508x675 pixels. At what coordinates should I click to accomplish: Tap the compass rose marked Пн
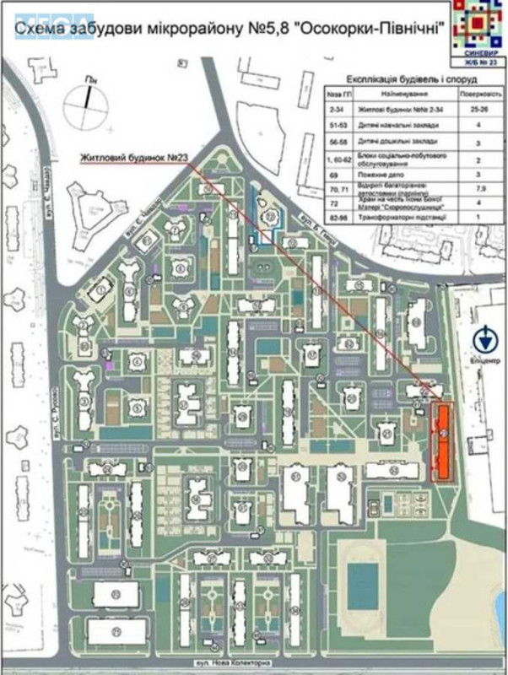(89, 99)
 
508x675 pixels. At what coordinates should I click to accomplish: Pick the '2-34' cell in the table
(338, 109)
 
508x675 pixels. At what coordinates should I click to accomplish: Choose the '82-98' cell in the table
(338, 218)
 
